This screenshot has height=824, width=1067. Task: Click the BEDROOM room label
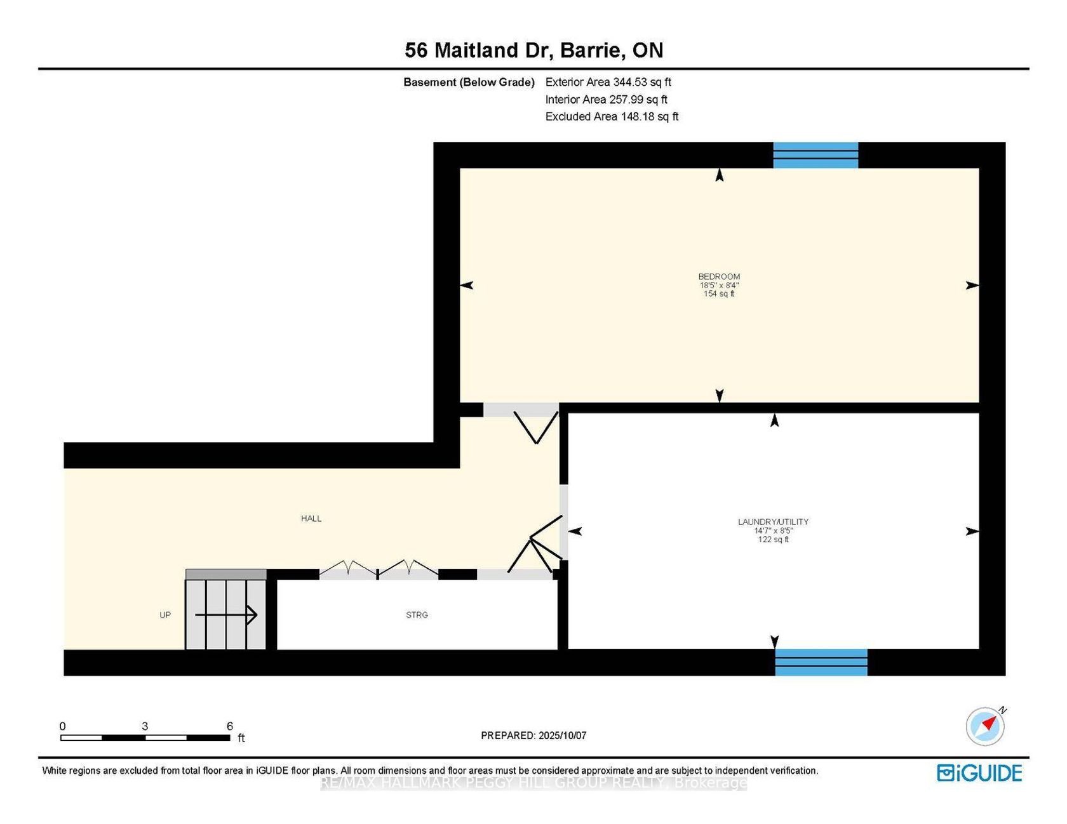point(719,277)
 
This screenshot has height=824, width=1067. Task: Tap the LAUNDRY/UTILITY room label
point(773,522)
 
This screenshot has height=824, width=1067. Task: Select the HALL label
point(311,519)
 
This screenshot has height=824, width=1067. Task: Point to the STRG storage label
point(417,615)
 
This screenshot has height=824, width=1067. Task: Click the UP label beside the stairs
point(165,615)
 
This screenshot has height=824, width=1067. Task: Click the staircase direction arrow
point(225,615)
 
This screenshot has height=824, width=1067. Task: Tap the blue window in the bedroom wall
point(815,156)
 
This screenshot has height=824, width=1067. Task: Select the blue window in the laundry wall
point(821,662)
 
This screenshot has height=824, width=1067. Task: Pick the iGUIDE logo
point(979,773)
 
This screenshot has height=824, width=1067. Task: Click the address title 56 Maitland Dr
point(476,50)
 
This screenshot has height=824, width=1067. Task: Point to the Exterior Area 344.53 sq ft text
point(608,82)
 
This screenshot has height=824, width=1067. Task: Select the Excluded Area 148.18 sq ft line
point(612,117)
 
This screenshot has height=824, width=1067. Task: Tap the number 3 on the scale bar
point(145,726)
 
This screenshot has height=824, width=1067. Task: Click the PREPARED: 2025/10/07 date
point(533,736)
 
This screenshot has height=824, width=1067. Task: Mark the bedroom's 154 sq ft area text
point(719,294)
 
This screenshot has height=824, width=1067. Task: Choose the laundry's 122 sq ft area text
point(773,540)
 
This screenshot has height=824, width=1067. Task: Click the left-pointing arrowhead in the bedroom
point(467,286)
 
